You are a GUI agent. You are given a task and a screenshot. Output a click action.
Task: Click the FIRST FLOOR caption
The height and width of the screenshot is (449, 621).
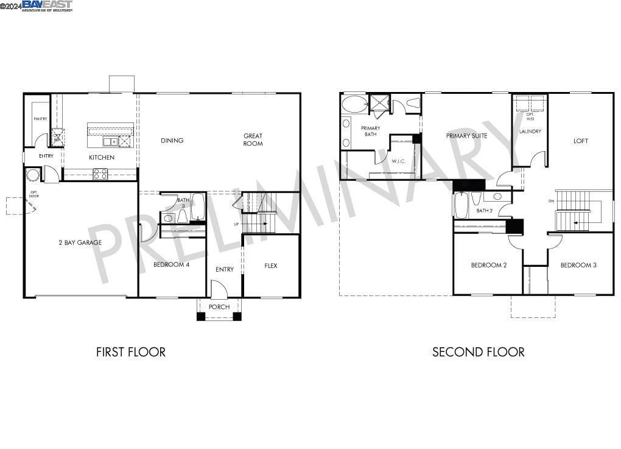131,352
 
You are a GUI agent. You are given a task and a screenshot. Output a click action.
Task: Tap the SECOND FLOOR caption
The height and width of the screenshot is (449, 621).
478,352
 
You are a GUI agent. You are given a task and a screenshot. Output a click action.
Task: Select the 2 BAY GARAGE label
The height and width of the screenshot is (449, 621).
80,242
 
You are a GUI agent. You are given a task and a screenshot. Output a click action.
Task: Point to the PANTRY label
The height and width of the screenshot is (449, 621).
40,119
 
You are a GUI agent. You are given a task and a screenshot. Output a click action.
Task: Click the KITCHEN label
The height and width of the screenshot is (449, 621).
102,157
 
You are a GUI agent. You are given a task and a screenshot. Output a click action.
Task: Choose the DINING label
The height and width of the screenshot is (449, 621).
172,141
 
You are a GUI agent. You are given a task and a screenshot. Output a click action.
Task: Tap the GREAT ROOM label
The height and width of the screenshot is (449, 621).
253,140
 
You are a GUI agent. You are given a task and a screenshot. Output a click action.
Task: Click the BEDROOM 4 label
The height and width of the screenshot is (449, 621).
171,265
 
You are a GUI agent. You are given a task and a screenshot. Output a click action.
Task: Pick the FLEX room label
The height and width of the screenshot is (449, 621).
271,266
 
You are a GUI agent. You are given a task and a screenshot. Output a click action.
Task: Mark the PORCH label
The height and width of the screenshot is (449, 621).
219,307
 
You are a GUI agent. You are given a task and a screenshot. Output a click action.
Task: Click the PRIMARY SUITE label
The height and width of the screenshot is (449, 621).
466,136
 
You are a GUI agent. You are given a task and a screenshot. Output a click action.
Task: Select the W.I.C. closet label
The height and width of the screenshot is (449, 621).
399,161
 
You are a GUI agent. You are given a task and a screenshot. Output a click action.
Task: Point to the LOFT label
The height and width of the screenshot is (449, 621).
581,141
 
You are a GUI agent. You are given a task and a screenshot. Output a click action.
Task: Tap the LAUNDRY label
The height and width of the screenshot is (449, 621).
530,132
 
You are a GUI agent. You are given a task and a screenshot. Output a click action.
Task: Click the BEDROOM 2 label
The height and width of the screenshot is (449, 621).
488,265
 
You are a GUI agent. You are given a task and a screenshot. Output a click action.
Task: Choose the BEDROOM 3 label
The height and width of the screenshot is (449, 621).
578,265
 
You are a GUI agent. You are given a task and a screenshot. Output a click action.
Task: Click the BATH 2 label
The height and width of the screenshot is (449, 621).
485,211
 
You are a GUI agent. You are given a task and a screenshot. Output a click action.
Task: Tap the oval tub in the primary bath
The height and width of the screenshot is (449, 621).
354,104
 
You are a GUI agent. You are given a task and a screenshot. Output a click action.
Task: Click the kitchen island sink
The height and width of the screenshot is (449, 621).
110,142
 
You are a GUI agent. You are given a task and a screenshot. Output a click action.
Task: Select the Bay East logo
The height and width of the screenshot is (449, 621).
47,5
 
